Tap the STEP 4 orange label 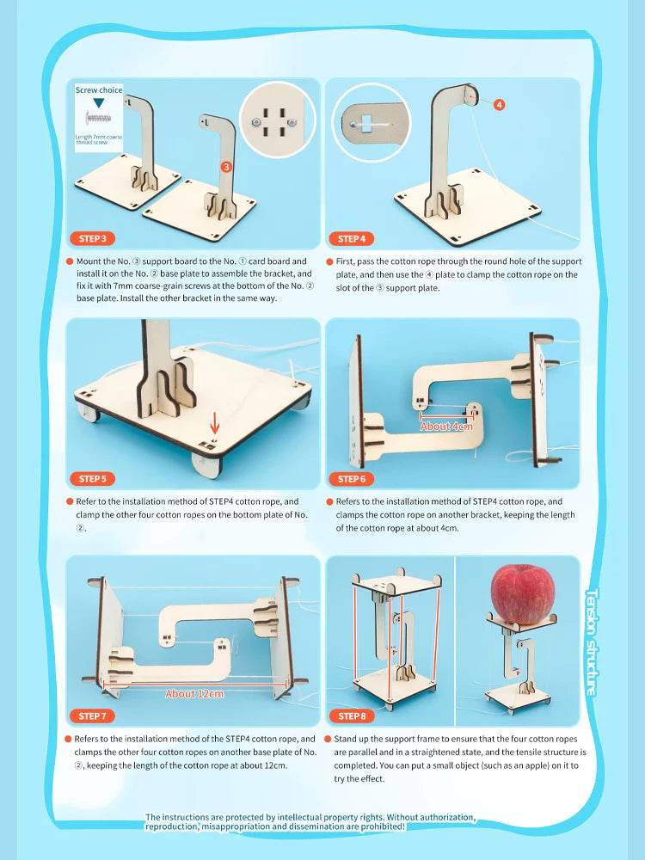tap(351, 239)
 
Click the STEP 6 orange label tap(351, 479)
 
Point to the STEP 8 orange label tap(351, 716)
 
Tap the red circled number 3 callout tap(225, 166)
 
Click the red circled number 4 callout tap(499, 104)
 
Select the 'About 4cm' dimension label tap(446, 426)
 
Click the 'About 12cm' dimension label tap(193, 693)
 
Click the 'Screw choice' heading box tap(99, 89)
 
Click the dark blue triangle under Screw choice tap(99, 102)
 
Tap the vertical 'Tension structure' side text tap(592, 654)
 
